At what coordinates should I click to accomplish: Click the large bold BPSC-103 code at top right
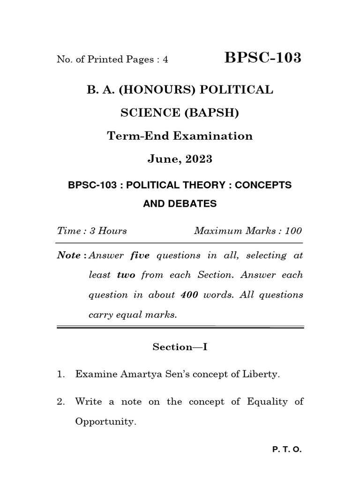coord(263,58)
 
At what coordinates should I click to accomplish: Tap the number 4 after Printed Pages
coord(165,60)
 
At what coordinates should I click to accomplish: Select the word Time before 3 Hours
coord(66,231)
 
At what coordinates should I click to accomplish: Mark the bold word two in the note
coord(126,275)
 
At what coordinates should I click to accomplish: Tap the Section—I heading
coord(180,346)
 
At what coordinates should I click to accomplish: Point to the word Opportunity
coord(105,421)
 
